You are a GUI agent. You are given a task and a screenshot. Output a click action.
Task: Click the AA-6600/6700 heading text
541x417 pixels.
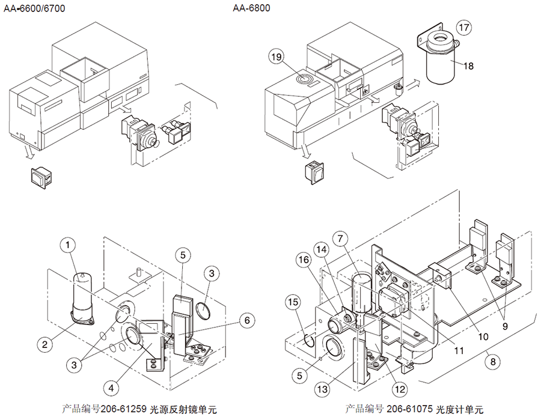(x=35, y=9)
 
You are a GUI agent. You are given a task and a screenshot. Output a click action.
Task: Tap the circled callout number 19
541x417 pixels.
(x=276, y=57)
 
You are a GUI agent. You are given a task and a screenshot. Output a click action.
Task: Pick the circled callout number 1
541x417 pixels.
(x=69, y=245)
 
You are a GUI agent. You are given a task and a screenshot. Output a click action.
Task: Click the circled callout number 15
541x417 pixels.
(x=293, y=301)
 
